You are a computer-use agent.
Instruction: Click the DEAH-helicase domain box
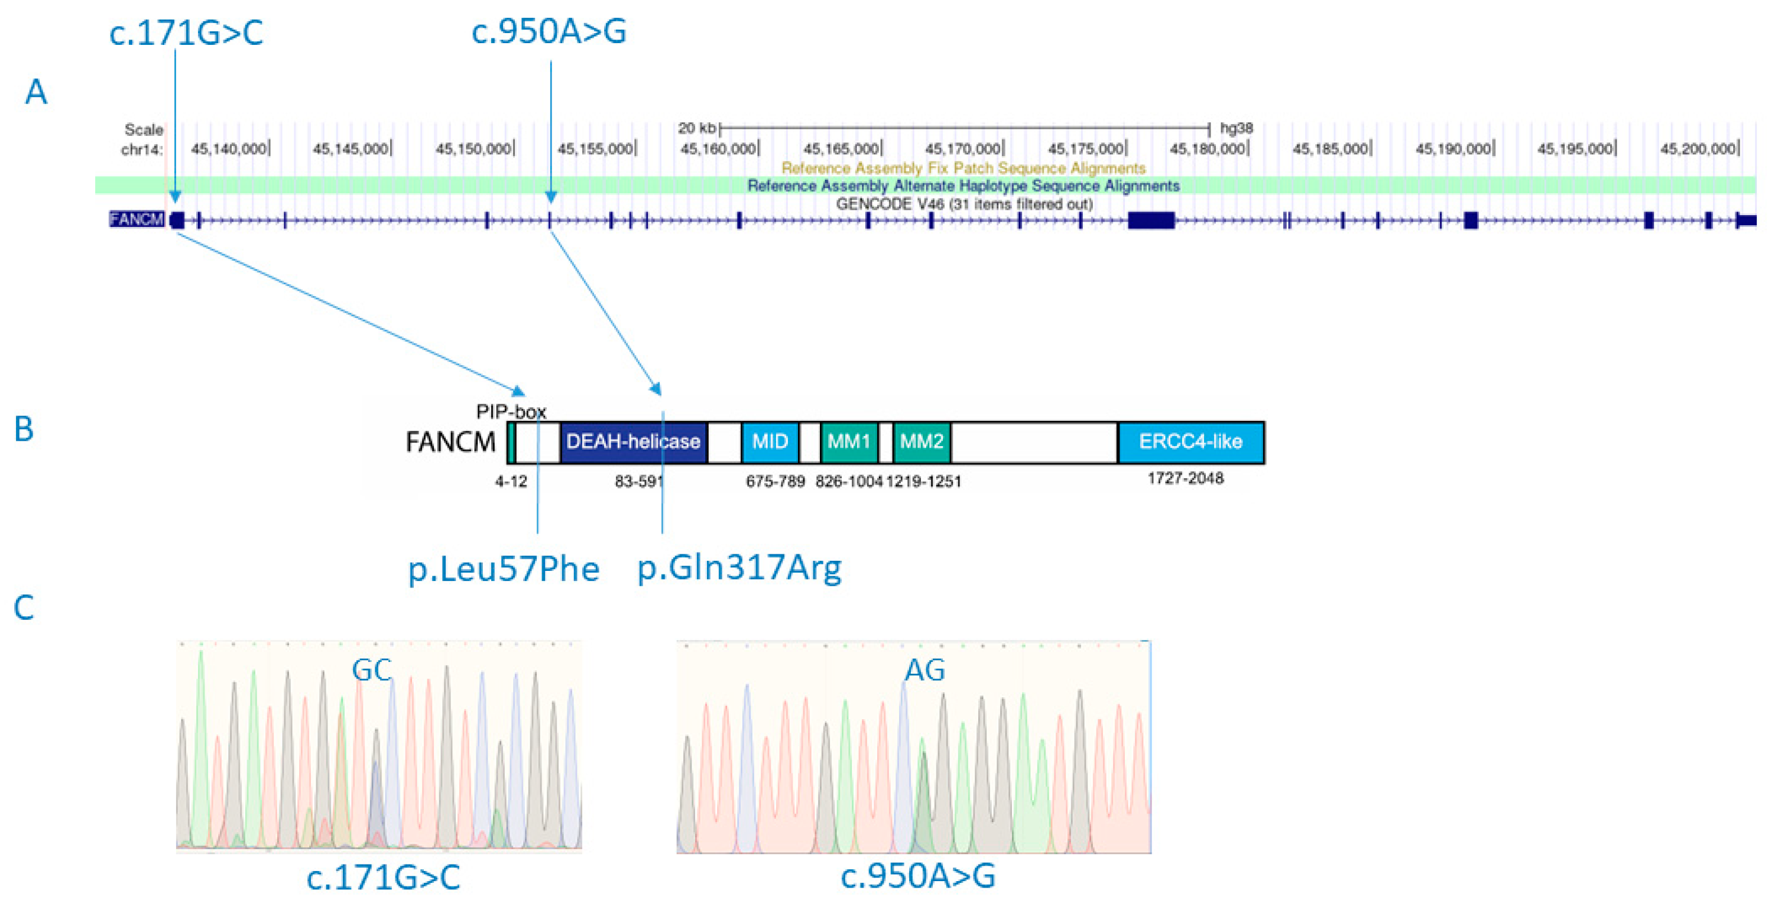click(x=632, y=441)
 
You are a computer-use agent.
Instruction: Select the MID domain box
click(x=770, y=441)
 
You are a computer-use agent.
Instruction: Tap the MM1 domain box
click(x=848, y=441)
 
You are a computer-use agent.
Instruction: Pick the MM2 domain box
click(x=922, y=441)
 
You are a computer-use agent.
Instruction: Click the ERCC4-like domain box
click(x=1190, y=441)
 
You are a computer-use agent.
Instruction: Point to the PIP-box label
click(x=511, y=412)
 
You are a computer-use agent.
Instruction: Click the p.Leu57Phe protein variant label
click(x=504, y=569)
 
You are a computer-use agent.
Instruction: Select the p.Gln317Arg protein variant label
click(x=738, y=568)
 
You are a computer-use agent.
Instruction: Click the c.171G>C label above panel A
click(x=186, y=33)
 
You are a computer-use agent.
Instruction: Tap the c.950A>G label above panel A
click(x=549, y=31)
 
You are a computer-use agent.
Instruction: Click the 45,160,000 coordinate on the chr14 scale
click(x=718, y=148)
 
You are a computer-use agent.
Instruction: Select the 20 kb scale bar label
click(x=696, y=128)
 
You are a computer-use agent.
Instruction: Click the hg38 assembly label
click(x=1236, y=128)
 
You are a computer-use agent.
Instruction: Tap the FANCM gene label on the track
click(x=136, y=219)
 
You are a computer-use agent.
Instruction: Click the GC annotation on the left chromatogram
click(x=371, y=670)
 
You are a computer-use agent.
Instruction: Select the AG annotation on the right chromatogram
click(x=924, y=670)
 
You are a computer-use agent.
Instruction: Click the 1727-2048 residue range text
click(x=1185, y=478)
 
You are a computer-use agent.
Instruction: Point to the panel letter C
click(x=24, y=608)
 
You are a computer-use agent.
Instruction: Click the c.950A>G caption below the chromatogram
click(x=917, y=875)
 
